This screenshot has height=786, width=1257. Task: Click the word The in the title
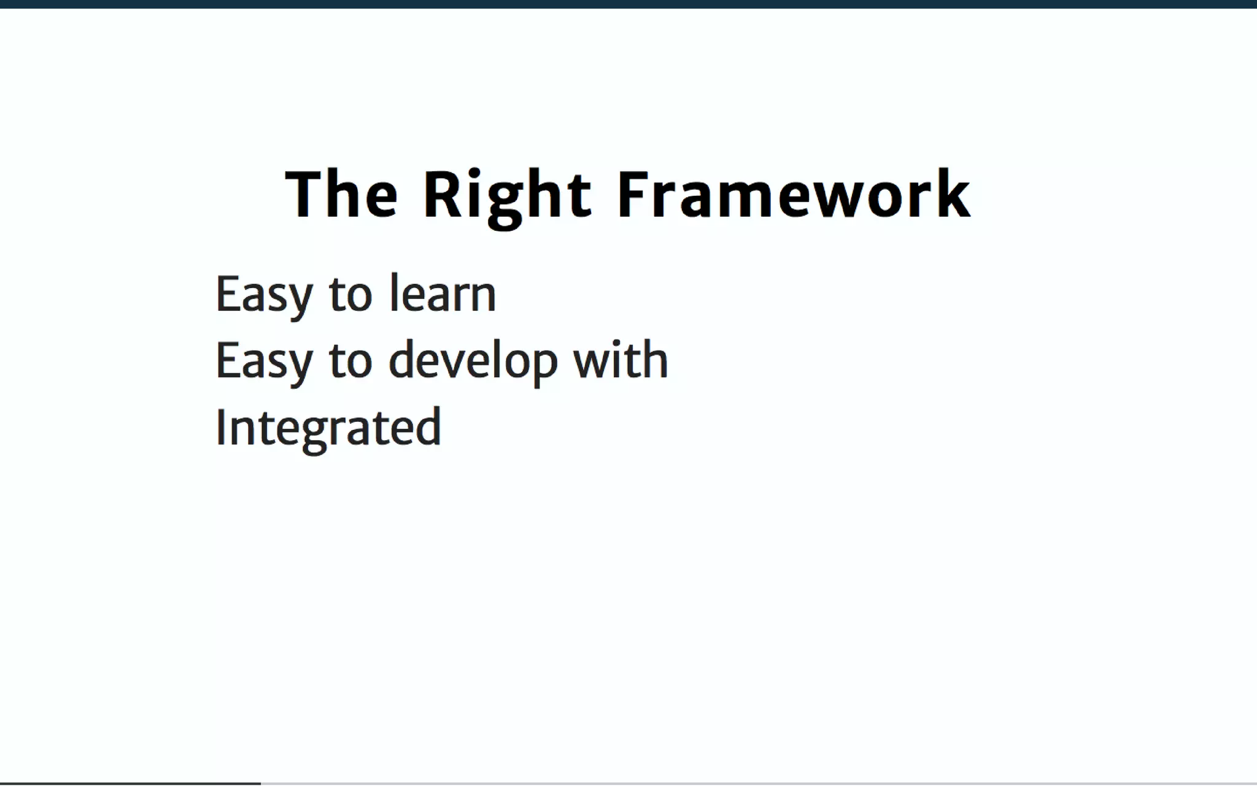tap(341, 195)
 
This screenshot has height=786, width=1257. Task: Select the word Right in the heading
tap(507, 195)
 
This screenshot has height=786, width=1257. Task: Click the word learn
tap(442, 294)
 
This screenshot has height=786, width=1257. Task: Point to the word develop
tap(473, 361)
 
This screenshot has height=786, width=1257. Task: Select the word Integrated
tap(328, 428)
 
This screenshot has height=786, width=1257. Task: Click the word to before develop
tap(350, 361)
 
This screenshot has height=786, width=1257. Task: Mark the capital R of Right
tap(441, 195)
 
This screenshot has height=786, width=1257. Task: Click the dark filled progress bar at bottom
tap(130, 783)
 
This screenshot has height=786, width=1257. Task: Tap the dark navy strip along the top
tap(628, 4)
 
